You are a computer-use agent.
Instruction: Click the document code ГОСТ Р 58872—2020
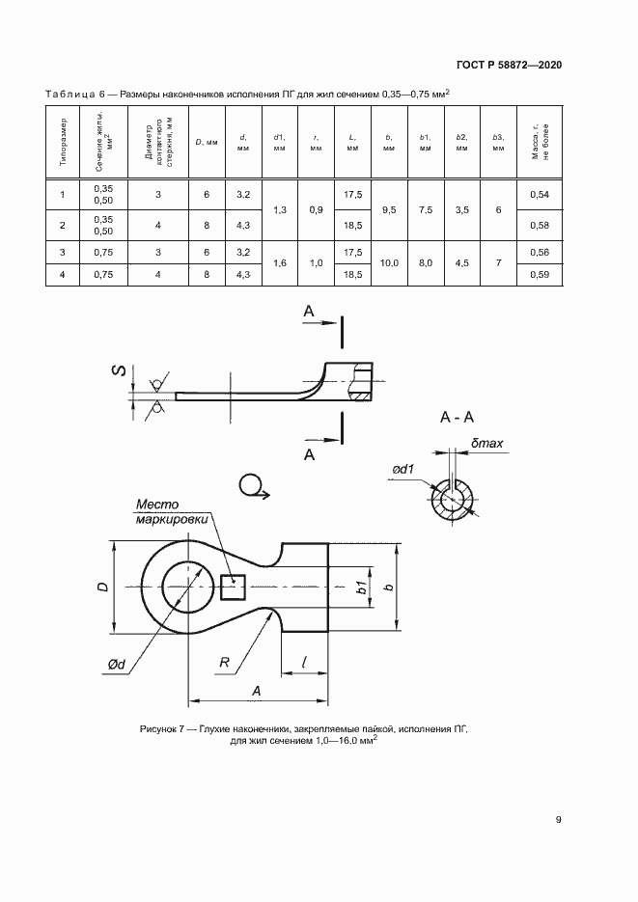coord(508,66)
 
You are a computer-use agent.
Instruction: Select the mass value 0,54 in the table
coord(539,195)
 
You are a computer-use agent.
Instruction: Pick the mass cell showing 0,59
coord(539,275)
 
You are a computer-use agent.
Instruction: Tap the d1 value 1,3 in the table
coord(279,209)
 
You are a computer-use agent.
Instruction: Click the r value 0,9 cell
coord(316,209)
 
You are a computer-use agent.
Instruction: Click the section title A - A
coord(456,418)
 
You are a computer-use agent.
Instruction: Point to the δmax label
coord(486,445)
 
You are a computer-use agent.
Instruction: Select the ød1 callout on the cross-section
coord(403,470)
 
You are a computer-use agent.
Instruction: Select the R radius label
coord(224,664)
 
